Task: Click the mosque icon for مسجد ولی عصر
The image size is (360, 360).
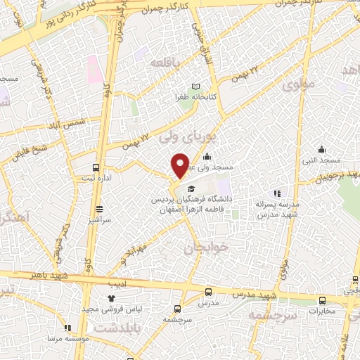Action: pos(207,157)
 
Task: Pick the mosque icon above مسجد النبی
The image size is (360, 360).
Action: pos(321,148)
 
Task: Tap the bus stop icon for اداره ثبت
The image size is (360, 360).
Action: pos(96,167)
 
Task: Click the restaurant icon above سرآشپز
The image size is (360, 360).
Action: pos(99,209)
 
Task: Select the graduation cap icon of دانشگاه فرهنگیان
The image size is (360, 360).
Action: pos(191,188)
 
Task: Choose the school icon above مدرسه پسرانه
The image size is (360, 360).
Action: pos(277,193)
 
